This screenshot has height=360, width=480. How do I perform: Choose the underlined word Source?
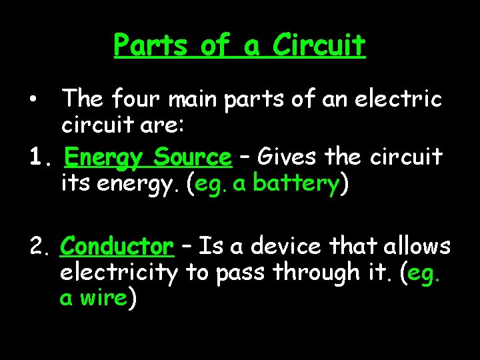[193, 158]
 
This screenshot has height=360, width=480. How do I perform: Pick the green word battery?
[296, 183]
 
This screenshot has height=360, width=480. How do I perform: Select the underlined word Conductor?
[117, 247]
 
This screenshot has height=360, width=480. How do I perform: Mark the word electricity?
[119, 273]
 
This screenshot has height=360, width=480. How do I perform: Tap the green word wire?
[103, 298]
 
